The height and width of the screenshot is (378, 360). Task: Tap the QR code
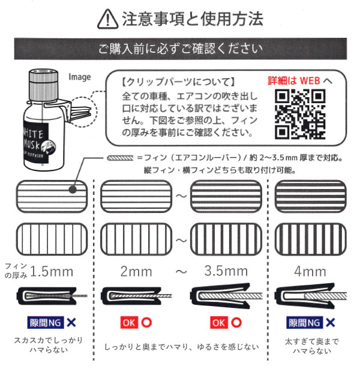[x=301, y=114]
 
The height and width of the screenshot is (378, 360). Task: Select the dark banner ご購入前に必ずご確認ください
[x=180, y=49]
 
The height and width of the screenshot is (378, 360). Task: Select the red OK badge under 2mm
[x=129, y=322]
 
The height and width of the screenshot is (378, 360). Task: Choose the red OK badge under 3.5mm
[x=219, y=322]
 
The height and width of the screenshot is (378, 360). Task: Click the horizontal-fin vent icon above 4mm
[x=310, y=195]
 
